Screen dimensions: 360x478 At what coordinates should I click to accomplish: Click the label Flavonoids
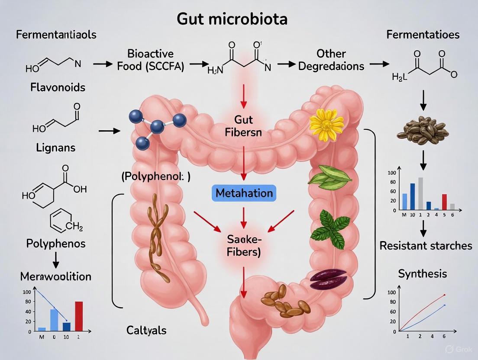pyautogui.click(x=58, y=87)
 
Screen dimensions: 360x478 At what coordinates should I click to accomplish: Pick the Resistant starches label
pyautogui.click(x=426, y=246)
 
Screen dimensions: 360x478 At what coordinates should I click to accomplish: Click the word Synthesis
pyautogui.click(x=422, y=273)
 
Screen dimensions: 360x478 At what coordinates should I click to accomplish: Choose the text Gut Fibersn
pyautogui.click(x=243, y=126)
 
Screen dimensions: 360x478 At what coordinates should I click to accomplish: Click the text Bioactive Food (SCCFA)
pyautogui.click(x=150, y=60)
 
